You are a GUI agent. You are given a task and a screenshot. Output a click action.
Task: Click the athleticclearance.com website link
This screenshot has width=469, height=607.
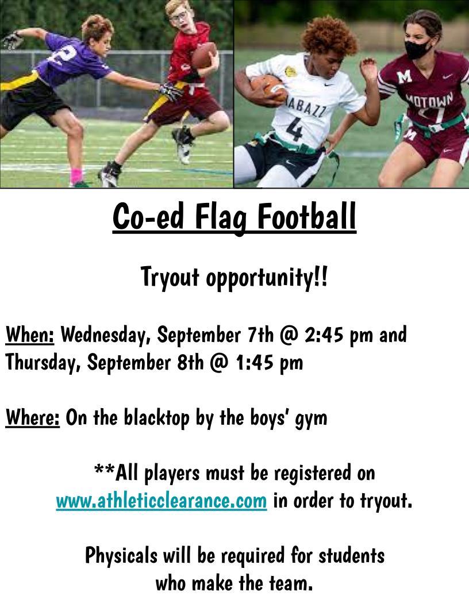[162, 501]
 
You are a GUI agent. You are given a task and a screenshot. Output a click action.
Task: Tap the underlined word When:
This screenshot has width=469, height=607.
[30, 335]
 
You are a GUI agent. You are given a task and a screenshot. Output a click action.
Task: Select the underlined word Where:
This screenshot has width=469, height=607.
[33, 417]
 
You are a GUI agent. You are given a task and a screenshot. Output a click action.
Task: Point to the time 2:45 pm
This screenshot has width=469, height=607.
[339, 335]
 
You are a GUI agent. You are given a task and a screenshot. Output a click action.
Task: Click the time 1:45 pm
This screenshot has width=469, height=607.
[269, 363]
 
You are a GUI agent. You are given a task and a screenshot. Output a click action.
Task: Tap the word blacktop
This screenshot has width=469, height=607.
[157, 418]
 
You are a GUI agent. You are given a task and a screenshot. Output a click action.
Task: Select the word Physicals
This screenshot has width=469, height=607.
[121, 556]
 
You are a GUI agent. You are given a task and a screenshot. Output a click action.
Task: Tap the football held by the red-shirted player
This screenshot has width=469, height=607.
[204, 55]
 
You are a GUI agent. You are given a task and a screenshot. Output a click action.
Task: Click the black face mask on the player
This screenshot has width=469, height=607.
[417, 49]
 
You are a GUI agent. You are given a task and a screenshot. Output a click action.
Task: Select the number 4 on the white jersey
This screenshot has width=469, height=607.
[295, 129]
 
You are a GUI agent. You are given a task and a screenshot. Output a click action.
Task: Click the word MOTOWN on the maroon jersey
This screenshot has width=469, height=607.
[429, 100]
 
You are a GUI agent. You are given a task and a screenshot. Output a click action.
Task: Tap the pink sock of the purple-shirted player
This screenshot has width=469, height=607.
[76, 175]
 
